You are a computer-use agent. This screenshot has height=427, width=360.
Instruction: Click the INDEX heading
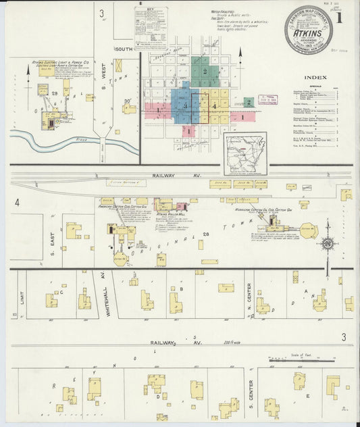pos(315,78)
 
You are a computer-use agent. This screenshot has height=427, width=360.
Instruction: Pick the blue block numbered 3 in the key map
pos(184,106)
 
